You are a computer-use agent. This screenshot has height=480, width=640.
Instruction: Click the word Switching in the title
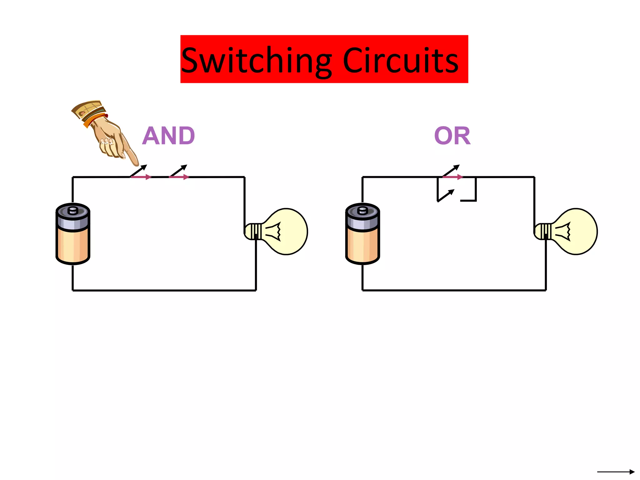(256, 61)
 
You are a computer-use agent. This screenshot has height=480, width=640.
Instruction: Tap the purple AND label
(168, 136)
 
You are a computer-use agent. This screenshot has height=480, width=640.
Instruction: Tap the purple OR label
(452, 136)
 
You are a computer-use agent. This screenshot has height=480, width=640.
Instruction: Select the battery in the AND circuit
(73, 234)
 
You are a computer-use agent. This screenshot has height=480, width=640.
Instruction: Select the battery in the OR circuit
(362, 234)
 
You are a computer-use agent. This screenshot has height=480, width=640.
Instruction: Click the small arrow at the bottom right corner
(616, 472)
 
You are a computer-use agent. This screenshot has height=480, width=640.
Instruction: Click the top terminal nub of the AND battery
(73, 210)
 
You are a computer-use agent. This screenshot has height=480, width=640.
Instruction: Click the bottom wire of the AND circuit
(164, 290)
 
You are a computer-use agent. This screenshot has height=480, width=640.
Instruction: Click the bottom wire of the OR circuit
(454, 290)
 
